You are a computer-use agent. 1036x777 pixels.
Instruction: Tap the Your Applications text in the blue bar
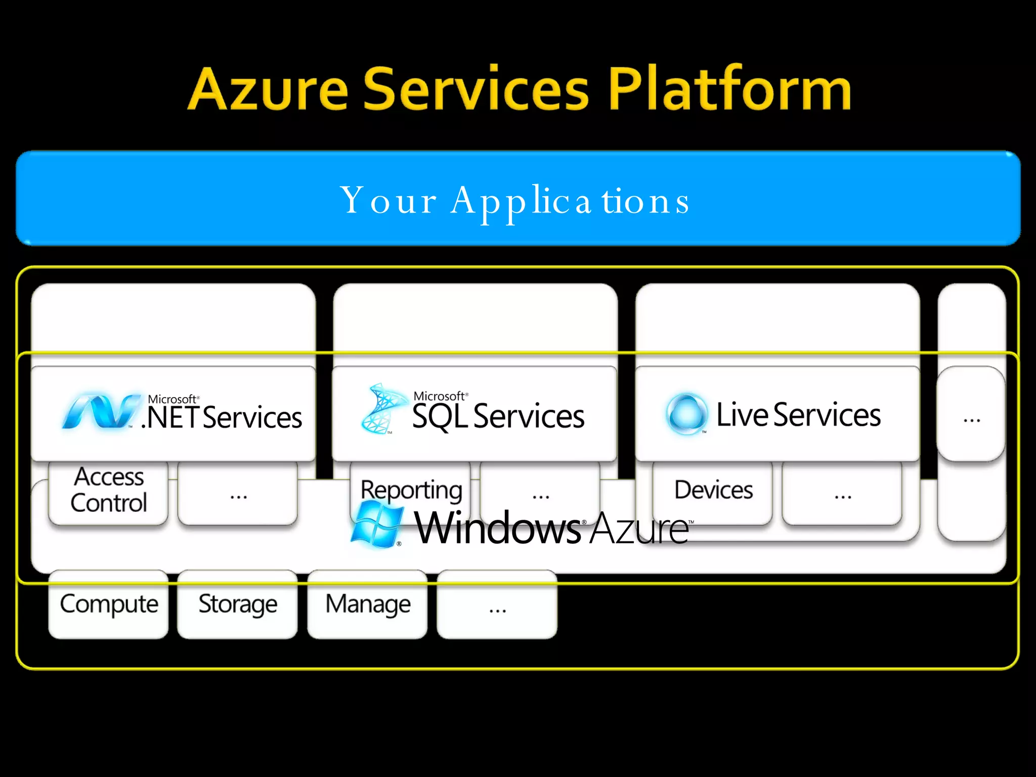(x=515, y=201)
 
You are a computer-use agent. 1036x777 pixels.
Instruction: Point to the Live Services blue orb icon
(x=686, y=413)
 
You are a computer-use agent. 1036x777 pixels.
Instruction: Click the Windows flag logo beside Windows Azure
(x=377, y=525)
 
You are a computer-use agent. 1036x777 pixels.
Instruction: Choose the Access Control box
(x=108, y=491)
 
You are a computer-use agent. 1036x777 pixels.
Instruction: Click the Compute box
(x=108, y=604)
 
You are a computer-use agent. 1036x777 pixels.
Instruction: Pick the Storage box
(x=237, y=604)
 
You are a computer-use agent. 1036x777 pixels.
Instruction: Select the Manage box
(x=367, y=604)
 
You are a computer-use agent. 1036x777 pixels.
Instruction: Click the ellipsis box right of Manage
(x=497, y=605)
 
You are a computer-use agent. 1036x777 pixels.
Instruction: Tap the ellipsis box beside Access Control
(x=237, y=494)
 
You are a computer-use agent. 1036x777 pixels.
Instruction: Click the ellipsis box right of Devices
(x=842, y=494)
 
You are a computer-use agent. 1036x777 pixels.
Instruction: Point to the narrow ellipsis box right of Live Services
(x=971, y=415)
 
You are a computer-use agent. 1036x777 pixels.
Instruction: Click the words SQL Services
(x=498, y=416)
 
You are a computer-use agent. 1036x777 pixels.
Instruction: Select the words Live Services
(x=798, y=415)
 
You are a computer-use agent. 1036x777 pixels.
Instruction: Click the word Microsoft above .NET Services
(x=171, y=399)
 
